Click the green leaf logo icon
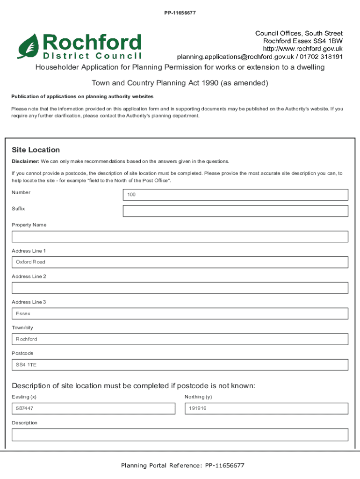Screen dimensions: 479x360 pyautogui.click(x=29, y=46)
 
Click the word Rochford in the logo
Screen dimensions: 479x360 pyautogui.click(x=92, y=43)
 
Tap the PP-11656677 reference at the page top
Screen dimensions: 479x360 pyautogui.click(x=180, y=13)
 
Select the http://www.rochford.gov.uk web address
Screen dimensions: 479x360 pyautogui.click(x=302, y=49)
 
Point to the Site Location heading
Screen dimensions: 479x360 pyautogui.click(x=36, y=150)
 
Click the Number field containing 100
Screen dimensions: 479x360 pyautogui.click(x=235, y=195)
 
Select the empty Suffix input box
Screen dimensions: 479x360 pyautogui.click(x=235, y=211)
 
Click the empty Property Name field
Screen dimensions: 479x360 pyautogui.click(x=180, y=236)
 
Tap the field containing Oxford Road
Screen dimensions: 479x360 pyautogui.click(x=180, y=262)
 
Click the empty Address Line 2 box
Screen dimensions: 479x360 pyautogui.click(x=180, y=288)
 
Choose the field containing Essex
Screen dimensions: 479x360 pyautogui.click(x=180, y=313)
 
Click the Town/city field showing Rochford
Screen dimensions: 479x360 pyautogui.click(x=180, y=339)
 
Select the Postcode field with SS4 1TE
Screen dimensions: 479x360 pyautogui.click(x=180, y=365)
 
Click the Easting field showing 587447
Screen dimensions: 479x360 pyautogui.click(x=93, y=408)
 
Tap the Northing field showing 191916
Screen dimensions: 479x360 pyautogui.click(x=266, y=408)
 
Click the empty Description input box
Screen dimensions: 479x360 pyautogui.click(x=180, y=435)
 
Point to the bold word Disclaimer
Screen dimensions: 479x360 pyautogui.click(x=25, y=161)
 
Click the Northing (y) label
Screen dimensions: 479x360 pyautogui.click(x=198, y=397)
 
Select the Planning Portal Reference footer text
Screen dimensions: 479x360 pyautogui.click(x=182, y=465)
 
